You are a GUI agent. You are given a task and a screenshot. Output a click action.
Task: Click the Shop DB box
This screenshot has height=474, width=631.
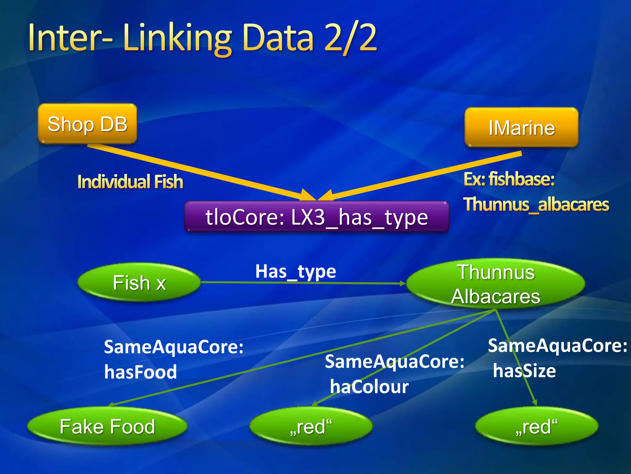(x=87, y=124)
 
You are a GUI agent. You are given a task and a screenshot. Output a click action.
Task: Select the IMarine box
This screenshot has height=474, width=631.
(x=521, y=127)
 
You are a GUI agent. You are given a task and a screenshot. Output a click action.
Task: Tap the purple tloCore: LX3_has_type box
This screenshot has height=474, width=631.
(x=316, y=217)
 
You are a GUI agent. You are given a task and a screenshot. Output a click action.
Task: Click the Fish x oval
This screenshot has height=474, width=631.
(x=139, y=282)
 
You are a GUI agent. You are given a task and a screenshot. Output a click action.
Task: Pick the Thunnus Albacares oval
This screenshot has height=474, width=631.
(x=495, y=284)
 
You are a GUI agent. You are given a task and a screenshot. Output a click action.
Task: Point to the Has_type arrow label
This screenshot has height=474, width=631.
(x=295, y=272)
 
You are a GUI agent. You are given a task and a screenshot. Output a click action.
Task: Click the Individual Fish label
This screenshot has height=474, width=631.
(x=130, y=181)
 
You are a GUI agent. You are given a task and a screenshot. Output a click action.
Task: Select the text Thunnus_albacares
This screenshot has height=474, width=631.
(x=536, y=204)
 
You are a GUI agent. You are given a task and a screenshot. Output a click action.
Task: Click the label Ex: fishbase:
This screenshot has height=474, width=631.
(x=509, y=179)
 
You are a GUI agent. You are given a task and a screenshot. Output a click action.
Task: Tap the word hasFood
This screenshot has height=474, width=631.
(x=140, y=372)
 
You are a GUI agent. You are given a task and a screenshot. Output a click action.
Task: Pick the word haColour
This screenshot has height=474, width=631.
(x=369, y=386)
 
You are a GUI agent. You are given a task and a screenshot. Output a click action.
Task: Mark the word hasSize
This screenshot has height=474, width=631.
(x=524, y=371)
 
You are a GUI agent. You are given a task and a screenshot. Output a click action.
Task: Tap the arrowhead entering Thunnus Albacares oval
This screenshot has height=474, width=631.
(x=402, y=283)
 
